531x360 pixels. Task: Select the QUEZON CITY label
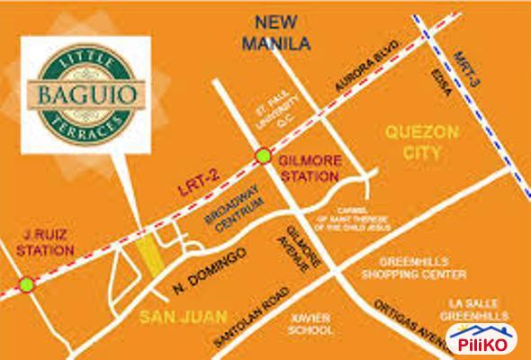coord(412,143)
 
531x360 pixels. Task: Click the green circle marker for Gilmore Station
coord(263,155)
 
